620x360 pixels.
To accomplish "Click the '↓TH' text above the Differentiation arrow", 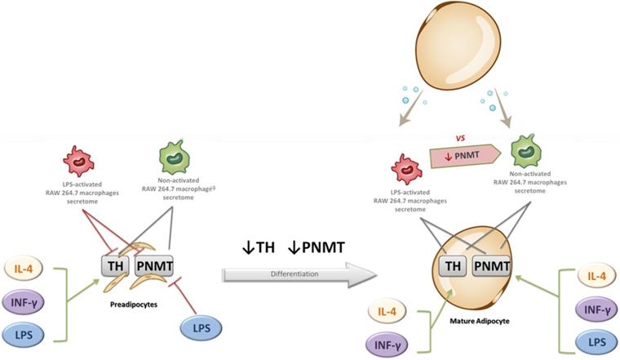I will tap(252, 245).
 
